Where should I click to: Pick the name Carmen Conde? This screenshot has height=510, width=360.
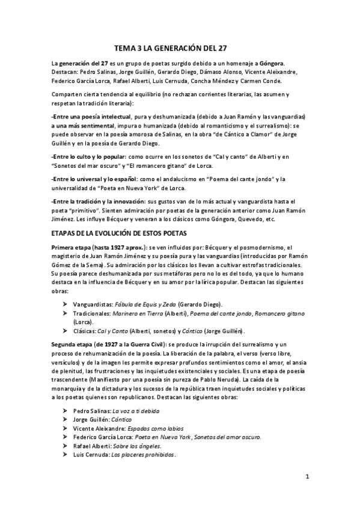coord(279,81)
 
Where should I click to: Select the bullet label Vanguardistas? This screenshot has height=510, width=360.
coord(92,305)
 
